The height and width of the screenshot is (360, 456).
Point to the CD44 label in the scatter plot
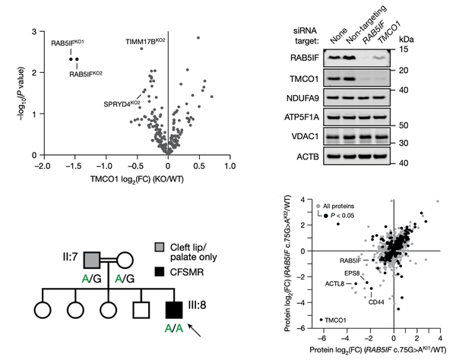[375, 302]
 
